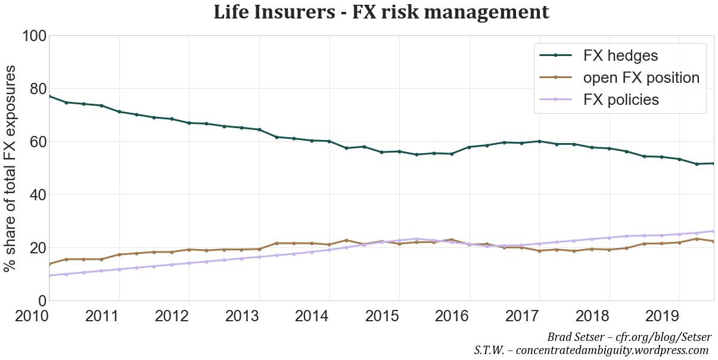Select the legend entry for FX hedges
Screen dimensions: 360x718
[620, 55]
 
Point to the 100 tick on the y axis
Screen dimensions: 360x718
[34, 36]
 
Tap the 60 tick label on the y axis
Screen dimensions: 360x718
[34, 142]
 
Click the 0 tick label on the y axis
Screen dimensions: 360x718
[40, 301]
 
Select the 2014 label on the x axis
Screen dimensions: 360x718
[329, 316]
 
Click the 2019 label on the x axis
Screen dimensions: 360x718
[679, 316]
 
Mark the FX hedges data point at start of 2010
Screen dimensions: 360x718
[49, 96]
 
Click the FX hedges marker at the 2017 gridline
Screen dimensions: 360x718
[539, 141]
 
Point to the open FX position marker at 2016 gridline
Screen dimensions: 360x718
[470, 244]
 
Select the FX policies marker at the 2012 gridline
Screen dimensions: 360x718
[189, 263]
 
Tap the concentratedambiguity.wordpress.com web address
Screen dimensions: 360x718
[612, 350]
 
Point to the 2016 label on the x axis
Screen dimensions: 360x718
[469, 316]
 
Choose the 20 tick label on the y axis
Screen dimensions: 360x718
[34, 248]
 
